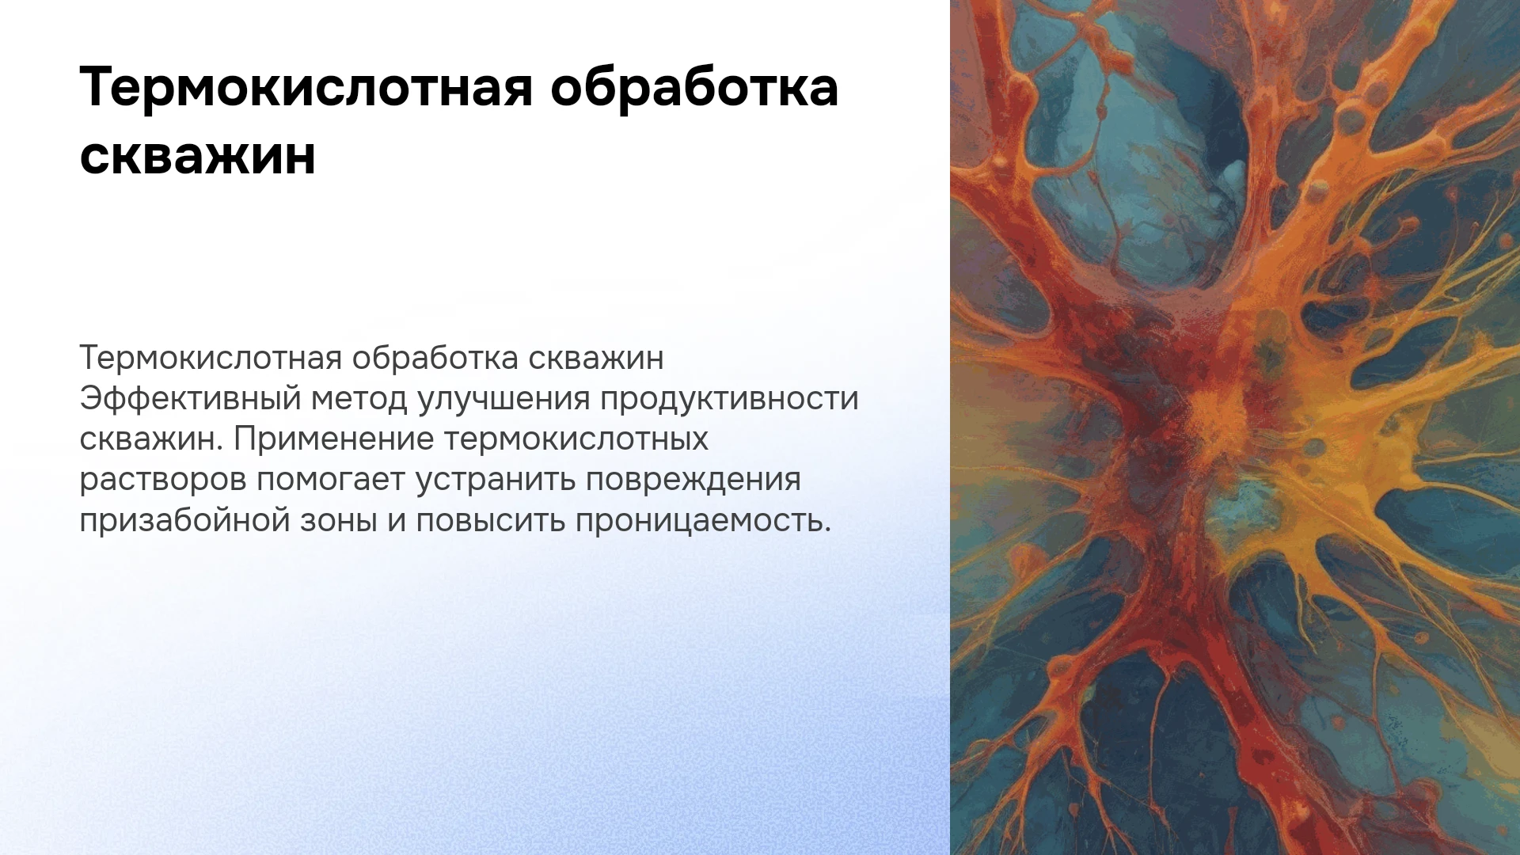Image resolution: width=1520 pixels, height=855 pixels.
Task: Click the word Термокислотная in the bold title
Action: coord(306,86)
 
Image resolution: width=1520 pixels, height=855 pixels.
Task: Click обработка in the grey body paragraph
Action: coord(435,357)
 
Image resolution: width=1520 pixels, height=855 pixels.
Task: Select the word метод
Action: coord(359,399)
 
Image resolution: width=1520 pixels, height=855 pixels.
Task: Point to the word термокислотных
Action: coord(576,439)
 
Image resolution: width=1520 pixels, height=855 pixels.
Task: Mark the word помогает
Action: coord(331,480)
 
